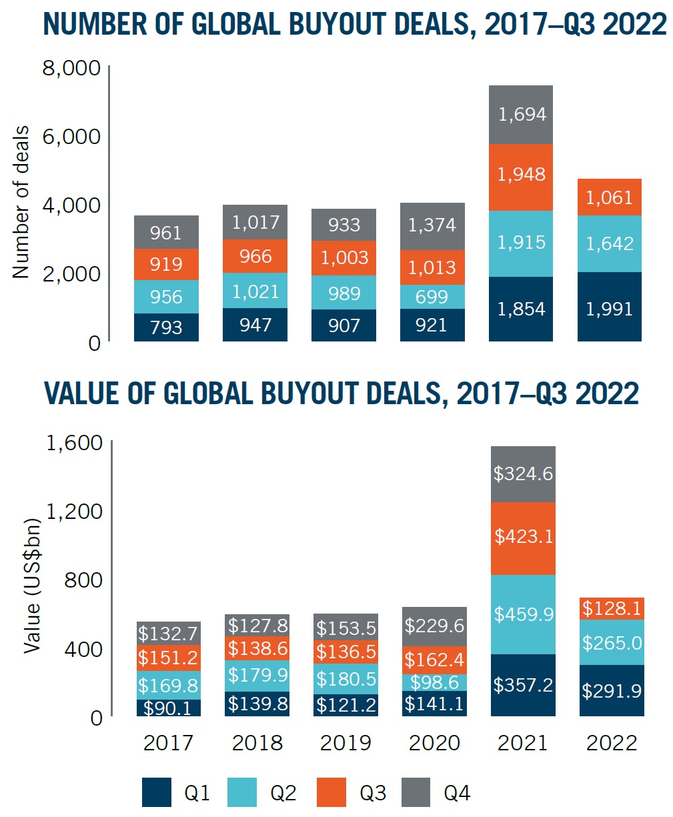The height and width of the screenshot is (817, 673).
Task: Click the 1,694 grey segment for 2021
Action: (521, 115)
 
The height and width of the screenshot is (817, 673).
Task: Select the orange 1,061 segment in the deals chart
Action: (610, 197)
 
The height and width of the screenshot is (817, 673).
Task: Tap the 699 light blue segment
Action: (432, 296)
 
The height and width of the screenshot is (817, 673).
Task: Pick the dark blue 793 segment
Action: (166, 327)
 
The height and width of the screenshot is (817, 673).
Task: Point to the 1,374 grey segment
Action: (432, 225)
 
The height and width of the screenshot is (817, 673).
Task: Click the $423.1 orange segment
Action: (523, 538)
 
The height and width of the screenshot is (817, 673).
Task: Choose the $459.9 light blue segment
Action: (523, 614)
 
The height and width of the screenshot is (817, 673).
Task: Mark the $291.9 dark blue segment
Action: (612, 690)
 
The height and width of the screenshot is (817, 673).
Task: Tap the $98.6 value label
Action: (434, 682)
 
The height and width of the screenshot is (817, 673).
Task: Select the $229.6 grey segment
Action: (434, 626)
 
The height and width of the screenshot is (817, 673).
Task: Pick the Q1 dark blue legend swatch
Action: (157, 792)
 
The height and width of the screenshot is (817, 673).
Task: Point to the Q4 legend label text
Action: (457, 793)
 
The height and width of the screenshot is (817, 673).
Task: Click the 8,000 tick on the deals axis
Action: (71, 68)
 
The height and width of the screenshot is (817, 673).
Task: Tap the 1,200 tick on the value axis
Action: (73, 512)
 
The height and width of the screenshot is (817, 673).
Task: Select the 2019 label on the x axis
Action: (346, 743)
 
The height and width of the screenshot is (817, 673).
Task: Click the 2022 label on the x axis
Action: (612, 743)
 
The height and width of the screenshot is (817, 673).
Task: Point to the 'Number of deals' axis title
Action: (21, 201)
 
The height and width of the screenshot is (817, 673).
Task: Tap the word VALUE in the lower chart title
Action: (82, 393)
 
